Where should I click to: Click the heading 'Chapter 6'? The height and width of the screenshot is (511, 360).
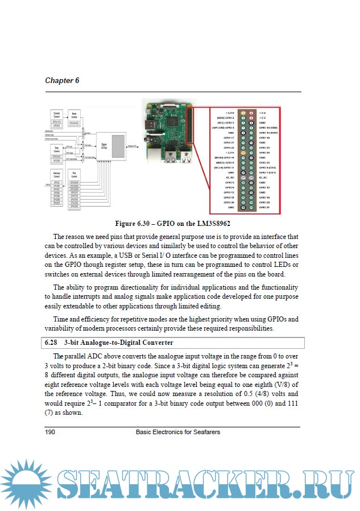pos(62,80)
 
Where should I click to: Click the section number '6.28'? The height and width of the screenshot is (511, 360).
pos(51,343)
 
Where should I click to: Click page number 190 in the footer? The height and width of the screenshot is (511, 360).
pos(50,432)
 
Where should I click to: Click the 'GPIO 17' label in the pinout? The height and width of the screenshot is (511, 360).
pos(229,138)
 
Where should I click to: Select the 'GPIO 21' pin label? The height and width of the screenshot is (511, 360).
pos(264,208)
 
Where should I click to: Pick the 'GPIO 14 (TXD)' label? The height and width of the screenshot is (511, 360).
pos(267,127)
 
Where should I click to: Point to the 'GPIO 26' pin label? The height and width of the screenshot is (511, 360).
pos(229,203)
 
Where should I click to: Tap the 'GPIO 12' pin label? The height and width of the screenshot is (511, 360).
pos(264,187)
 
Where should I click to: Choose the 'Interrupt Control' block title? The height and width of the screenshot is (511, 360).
pos(56,175)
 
